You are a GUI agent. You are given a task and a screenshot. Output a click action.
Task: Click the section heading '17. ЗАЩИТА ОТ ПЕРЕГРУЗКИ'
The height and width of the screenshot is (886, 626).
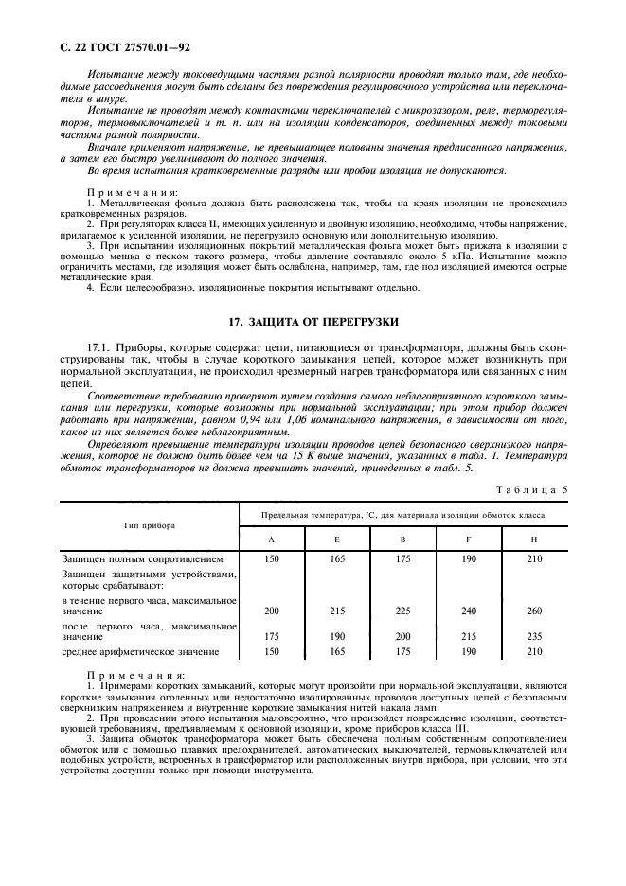[x=313, y=322]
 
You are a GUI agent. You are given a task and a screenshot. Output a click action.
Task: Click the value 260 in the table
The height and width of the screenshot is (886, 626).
[x=533, y=611]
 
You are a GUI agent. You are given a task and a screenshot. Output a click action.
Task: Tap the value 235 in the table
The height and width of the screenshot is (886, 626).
[x=533, y=637]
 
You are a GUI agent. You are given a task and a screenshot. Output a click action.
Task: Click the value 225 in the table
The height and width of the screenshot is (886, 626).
[x=402, y=611]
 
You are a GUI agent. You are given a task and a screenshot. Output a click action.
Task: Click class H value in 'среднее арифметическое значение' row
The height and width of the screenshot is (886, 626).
[x=533, y=652]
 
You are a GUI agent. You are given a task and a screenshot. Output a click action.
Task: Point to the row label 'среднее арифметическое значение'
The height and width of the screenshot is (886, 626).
[x=140, y=652]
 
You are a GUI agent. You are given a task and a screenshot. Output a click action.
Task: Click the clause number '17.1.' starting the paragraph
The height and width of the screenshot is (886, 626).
[x=99, y=349]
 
